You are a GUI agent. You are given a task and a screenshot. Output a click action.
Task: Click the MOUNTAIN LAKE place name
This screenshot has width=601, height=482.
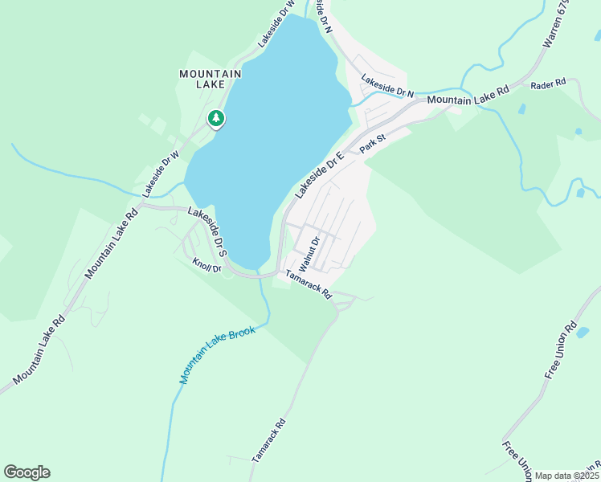pos(210,79)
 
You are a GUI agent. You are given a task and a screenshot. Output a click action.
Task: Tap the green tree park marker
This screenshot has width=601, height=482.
pos(215,119)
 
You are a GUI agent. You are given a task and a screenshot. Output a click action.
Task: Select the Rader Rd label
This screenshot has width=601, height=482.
pos(549,82)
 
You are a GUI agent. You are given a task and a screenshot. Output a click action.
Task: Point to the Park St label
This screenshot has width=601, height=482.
pos(373,144)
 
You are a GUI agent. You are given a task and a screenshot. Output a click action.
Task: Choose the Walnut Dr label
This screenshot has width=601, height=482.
pos(309,252)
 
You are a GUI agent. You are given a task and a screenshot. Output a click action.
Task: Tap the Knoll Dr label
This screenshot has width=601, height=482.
pos(206,263)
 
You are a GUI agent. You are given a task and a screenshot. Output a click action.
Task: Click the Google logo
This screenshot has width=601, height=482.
pos(27,472)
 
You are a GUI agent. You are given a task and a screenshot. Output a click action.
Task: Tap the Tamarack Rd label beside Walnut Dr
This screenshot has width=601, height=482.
pos(309,284)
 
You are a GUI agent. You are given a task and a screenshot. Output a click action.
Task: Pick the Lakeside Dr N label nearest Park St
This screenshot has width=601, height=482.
pos(387,87)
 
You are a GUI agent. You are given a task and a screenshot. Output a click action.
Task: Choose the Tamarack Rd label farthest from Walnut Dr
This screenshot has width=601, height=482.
pos(269,439)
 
